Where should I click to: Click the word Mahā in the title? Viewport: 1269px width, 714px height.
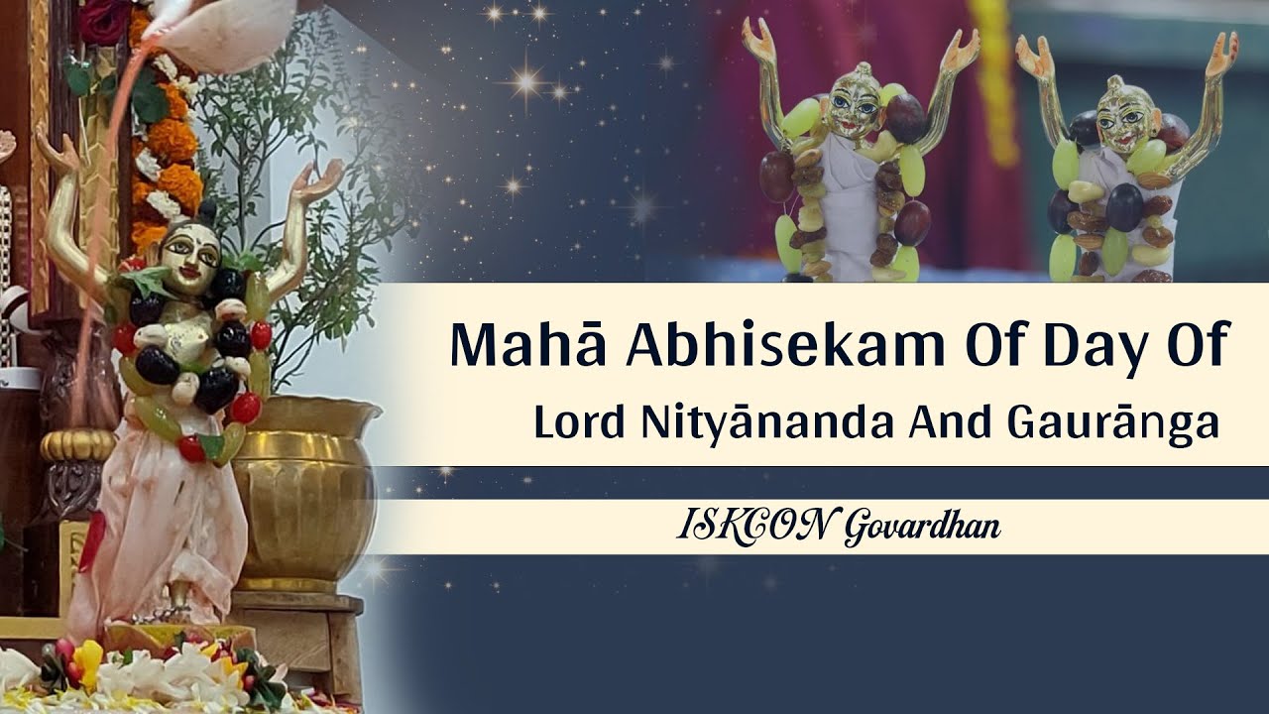tap(507, 345)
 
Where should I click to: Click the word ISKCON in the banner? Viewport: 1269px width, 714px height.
tap(754, 527)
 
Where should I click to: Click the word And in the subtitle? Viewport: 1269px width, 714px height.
tap(945, 423)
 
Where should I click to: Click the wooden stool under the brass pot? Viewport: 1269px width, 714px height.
tap(297, 635)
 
